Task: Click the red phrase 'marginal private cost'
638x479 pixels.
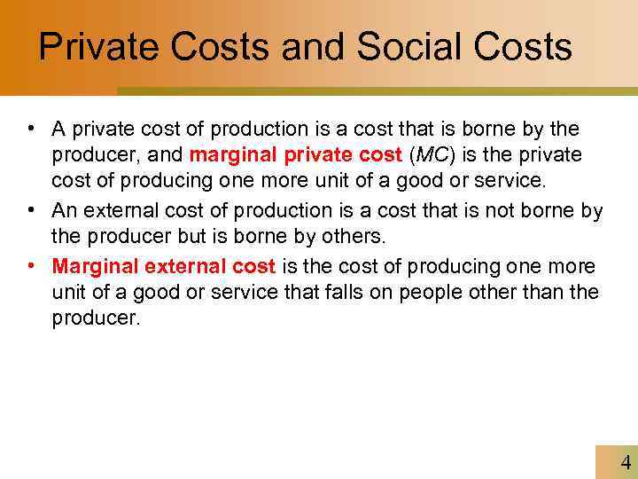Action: [x=297, y=155]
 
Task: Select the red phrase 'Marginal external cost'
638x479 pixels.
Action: [x=164, y=266]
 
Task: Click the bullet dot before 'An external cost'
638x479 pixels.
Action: [x=31, y=210]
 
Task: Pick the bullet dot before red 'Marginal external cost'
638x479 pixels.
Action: [x=31, y=266]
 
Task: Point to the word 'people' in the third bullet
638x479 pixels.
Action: [x=427, y=293]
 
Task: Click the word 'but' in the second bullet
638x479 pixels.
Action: [x=200, y=238]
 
